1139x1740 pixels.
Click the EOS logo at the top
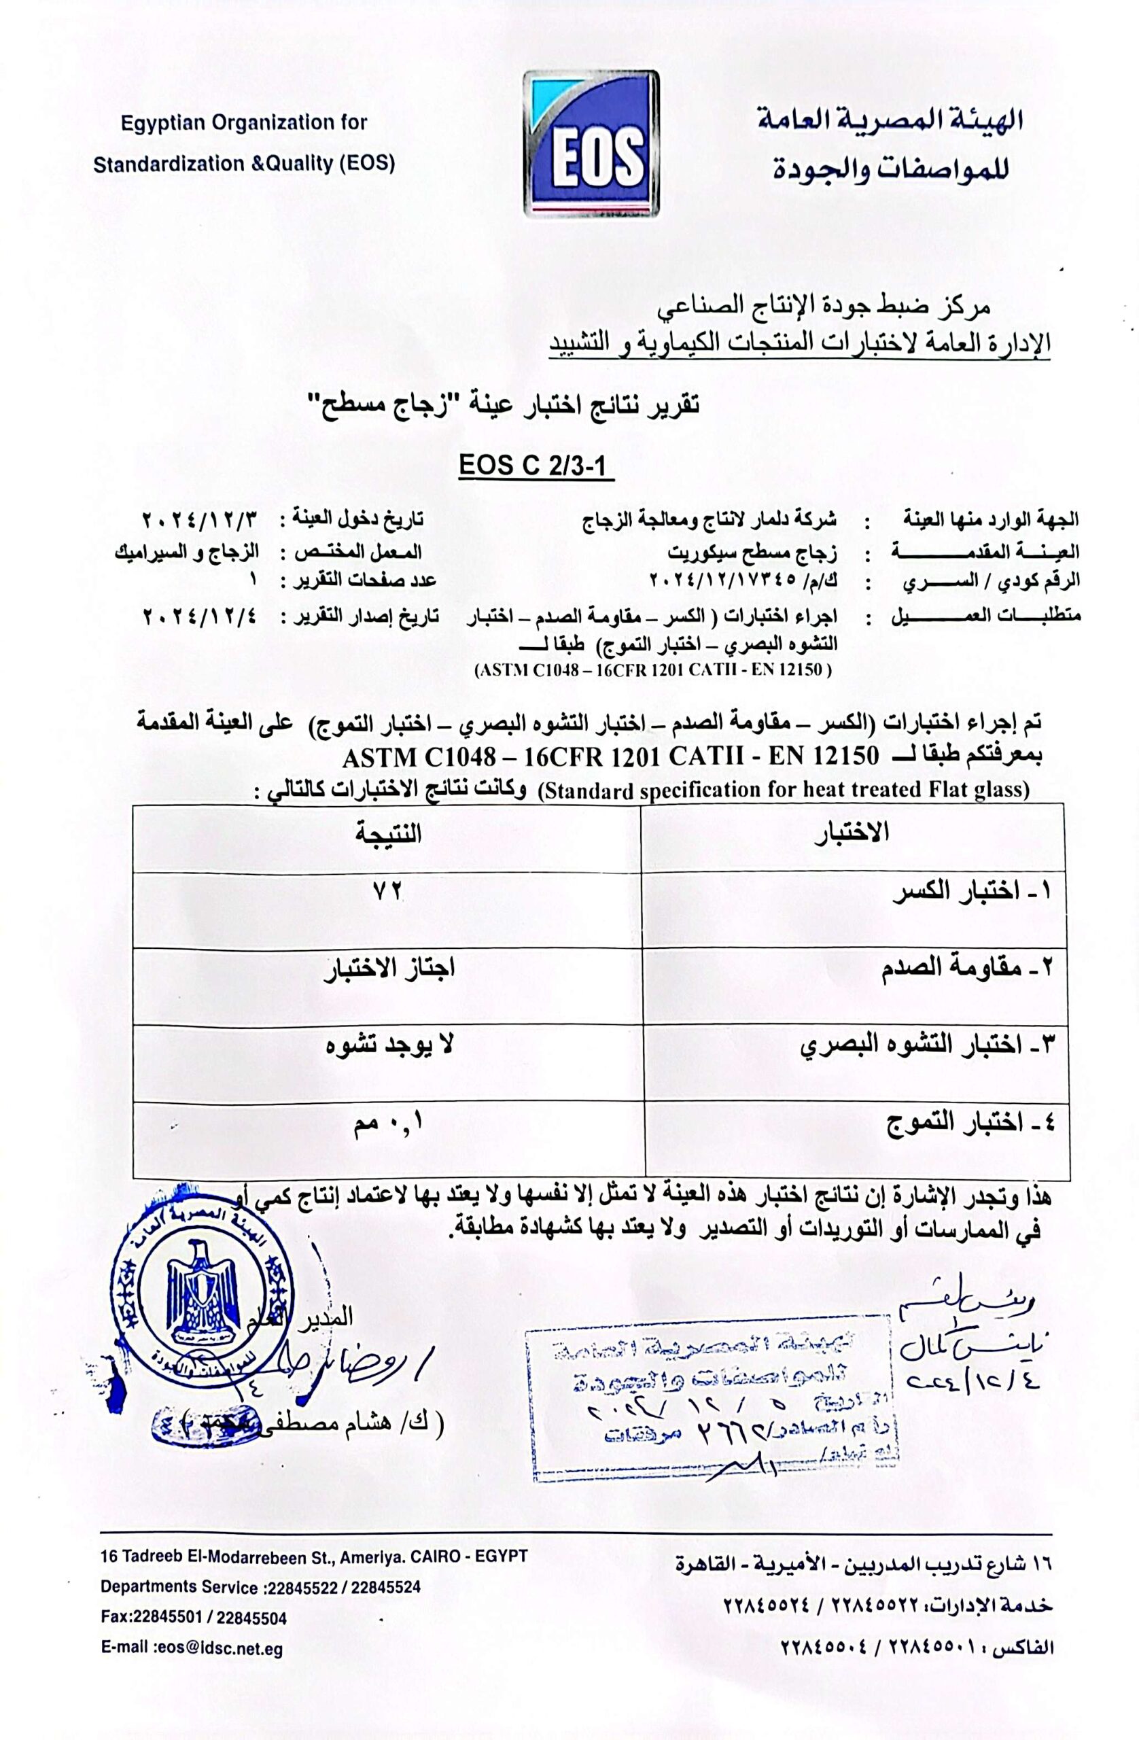coord(591,144)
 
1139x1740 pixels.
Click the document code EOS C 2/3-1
coord(536,466)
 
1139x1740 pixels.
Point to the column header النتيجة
coord(388,833)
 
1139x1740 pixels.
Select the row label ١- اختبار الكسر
coord(972,891)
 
